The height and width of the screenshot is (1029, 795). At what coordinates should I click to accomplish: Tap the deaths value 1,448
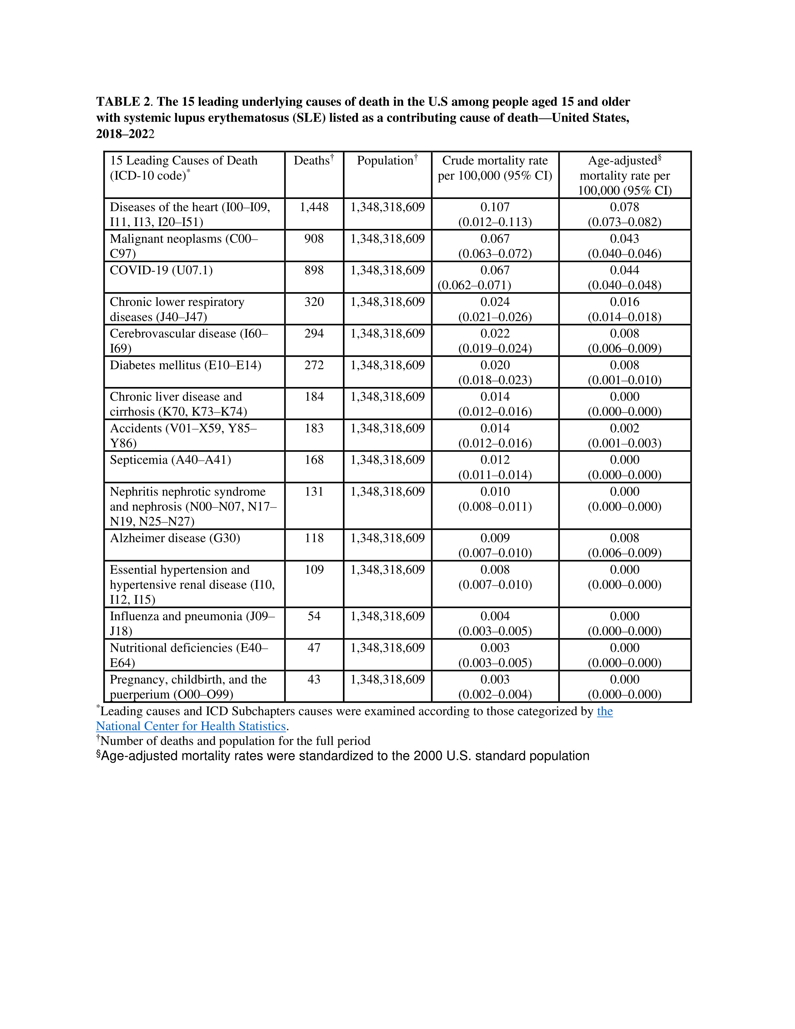click(314, 207)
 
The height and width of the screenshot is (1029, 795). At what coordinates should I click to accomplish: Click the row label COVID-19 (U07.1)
click(161, 270)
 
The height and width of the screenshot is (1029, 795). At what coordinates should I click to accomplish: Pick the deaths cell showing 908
click(314, 239)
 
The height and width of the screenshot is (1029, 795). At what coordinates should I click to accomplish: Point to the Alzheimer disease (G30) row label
click(175, 538)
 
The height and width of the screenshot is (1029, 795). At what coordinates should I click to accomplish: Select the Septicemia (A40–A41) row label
click(171, 460)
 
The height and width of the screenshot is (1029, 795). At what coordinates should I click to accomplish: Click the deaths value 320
click(314, 302)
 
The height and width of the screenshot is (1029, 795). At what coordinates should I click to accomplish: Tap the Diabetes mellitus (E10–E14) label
click(185, 365)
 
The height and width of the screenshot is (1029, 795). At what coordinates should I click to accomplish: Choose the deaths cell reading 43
click(314, 679)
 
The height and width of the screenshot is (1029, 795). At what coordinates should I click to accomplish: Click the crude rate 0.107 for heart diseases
click(495, 207)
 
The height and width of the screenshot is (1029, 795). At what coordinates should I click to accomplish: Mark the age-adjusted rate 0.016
click(624, 302)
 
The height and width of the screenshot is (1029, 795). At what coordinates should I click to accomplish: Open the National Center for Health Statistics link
click(191, 726)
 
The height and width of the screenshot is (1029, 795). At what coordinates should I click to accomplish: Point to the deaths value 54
click(314, 616)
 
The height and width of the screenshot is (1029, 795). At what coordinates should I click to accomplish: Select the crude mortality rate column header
click(495, 168)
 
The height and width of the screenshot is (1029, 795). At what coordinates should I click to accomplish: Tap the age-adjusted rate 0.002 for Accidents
click(624, 428)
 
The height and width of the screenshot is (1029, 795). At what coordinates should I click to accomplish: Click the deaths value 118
click(314, 538)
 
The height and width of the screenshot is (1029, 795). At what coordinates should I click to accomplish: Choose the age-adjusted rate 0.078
click(624, 207)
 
